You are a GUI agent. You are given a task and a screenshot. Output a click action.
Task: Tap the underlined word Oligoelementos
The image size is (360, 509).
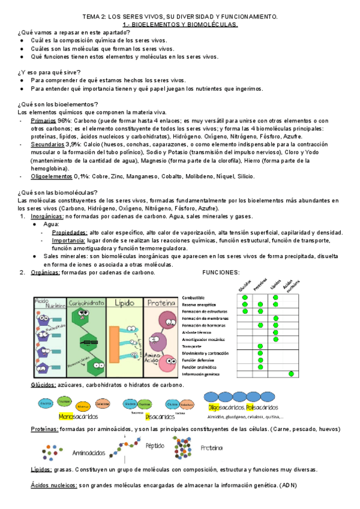click(x=52, y=176)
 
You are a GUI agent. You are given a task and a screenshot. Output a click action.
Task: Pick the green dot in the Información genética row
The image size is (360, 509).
click(x=291, y=374)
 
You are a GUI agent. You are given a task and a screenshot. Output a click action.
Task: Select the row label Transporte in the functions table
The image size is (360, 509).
click(x=193, y=346)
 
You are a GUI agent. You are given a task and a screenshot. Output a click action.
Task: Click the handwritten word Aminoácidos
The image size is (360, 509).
click(x=89, y=453)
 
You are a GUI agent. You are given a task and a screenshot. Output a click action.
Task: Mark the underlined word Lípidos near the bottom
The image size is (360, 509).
click(x=40, y=470)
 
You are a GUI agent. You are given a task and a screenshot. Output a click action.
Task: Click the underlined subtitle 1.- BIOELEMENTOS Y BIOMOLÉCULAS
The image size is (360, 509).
click(x=179, y=25)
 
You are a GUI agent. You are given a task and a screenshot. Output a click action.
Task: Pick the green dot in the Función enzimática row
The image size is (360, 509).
click(x=260, y=367)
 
